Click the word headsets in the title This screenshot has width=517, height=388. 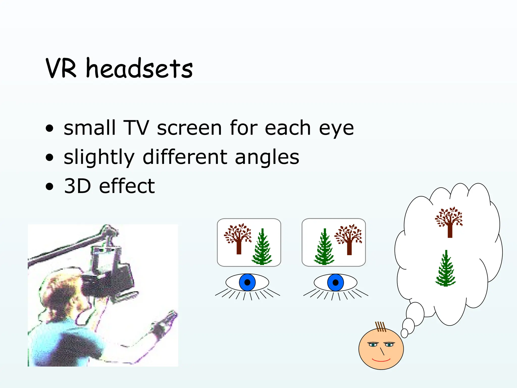[139, 68]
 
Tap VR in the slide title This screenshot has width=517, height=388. [61, 68]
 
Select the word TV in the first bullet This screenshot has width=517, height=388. [136, 128]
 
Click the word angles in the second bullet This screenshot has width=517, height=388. [267, 157]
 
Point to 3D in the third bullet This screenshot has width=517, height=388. [77, 186]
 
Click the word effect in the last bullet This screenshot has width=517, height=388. [127, 186]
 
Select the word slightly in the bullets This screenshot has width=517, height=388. [99, 157]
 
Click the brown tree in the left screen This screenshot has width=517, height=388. [238, 239]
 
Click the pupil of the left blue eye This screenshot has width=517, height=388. [247, 282]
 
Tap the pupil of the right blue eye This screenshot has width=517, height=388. [335, 282]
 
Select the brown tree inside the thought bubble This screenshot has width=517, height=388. [449, 222]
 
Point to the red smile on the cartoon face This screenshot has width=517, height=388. [381, 360]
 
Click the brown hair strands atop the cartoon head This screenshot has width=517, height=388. [381, 327]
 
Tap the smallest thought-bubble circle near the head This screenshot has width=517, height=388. [404, 333]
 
